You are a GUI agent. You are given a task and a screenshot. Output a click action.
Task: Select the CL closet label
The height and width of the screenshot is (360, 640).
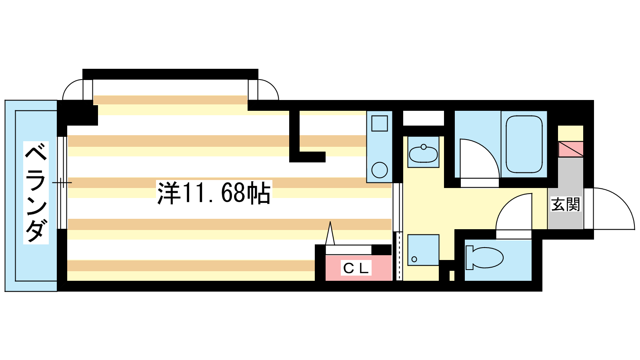tap(356, 268)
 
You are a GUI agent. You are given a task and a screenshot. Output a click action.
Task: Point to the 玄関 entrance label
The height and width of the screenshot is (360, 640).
tap(565, 204)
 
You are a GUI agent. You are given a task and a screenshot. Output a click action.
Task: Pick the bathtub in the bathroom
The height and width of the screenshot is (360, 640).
tap(524, 144)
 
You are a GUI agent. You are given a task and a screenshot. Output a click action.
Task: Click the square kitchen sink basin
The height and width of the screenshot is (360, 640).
tap(379, 123)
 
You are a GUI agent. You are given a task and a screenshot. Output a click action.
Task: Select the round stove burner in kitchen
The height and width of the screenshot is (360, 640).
tap(379, 170)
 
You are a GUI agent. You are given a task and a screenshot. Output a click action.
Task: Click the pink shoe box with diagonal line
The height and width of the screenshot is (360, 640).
tap(571, 149)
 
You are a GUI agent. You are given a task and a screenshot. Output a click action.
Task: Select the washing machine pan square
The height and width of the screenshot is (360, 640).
tap(423, 250)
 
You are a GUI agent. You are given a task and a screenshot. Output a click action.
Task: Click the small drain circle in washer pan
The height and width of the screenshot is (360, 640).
tap(414, 259)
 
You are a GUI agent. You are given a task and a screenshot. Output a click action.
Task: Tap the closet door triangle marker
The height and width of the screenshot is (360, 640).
tap(330, 234)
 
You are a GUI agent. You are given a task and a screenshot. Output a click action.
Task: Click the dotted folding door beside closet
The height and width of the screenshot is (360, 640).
tap(399, 256)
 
